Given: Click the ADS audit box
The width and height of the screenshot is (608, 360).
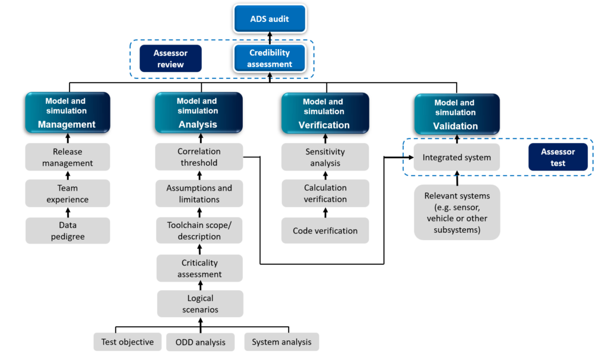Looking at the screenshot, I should (270, 18).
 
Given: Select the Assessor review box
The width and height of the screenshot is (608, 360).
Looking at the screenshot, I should (170, 59).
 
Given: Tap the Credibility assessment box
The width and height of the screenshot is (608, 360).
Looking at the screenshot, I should (270, 59).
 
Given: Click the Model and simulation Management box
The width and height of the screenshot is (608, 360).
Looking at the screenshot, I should (67, 113).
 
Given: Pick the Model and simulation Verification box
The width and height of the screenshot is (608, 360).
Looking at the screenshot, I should (325, 113).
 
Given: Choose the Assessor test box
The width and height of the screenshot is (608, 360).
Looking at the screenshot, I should (558, 157).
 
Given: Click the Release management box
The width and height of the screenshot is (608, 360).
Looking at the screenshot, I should (67, 157).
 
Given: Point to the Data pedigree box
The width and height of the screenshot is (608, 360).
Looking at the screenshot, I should (67, 230).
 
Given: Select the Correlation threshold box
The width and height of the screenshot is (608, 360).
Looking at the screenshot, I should (199, 157).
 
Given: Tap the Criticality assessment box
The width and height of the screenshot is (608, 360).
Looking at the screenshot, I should (199, 269).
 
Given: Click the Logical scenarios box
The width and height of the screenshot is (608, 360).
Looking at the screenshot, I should (199, 304).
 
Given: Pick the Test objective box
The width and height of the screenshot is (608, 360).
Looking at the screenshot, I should (127, 342).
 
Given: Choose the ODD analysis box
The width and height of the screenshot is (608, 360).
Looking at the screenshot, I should (200, 342).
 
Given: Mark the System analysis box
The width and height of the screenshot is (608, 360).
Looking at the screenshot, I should (281, 342).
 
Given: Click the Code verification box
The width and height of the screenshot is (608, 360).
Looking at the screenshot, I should (325, 230).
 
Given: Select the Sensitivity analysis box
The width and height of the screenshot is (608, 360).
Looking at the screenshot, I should (325, 157).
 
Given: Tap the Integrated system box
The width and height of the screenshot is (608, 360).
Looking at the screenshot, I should (457, 157).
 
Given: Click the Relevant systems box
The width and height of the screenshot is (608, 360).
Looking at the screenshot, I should (457, 213).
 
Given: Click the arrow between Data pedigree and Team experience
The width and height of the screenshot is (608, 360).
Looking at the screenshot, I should (68, 211).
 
